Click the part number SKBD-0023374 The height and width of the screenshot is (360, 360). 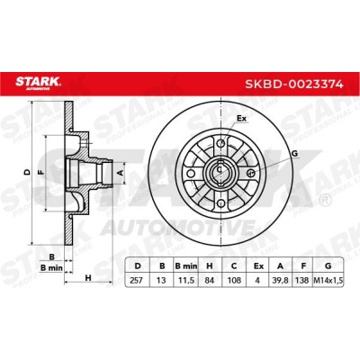[x=294, y=84]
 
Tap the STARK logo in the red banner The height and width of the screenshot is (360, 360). [x=38, y=83]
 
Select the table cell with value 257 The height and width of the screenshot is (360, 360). [x=137, y=281]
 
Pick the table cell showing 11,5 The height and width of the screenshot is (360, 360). [x=185, y=281]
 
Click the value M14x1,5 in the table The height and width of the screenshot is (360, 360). [x=328, y=281]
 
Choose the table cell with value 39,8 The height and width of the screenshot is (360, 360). [x=280, y=281]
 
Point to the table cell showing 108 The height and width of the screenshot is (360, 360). [x=234, y=281]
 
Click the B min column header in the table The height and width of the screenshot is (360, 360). [x=185, y=265]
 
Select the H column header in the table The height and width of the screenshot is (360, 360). [x=210, y=265]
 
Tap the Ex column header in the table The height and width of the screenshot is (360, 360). [x=258, y=265]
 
